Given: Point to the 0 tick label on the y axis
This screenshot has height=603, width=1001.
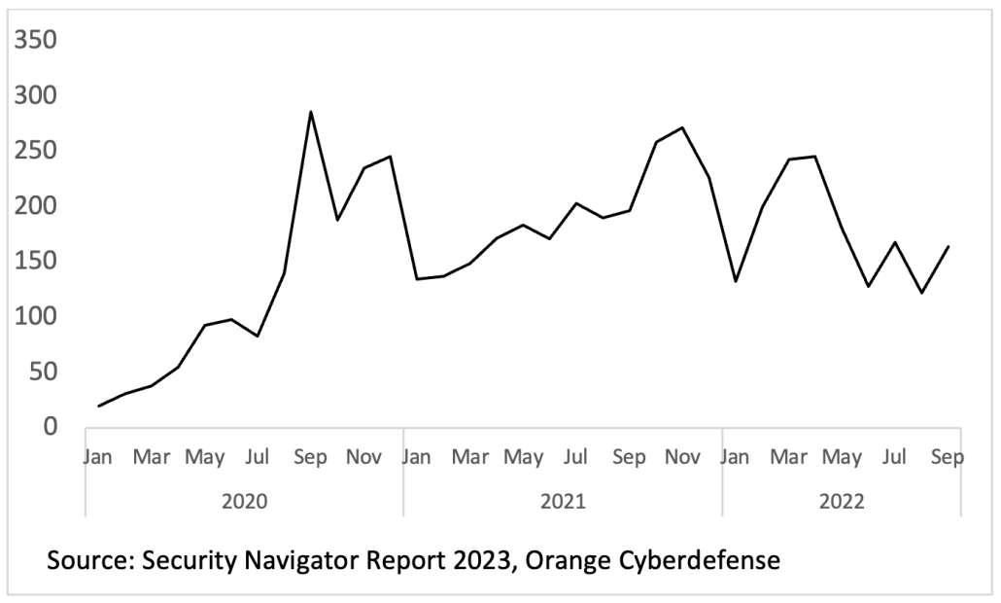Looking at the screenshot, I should (49, 427).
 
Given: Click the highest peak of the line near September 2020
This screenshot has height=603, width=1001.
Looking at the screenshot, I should (310, 112).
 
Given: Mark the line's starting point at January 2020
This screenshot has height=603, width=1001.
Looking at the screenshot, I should (99, 406).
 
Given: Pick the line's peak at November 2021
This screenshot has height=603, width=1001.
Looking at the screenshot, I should (682, 127).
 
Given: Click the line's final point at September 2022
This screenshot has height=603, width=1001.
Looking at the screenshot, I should (949, 246).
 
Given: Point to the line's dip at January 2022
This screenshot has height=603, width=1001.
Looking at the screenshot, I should (736, 281).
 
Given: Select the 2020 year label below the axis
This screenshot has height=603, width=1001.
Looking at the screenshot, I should (244, 502).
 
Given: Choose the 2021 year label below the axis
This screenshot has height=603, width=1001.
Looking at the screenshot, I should (563, 502).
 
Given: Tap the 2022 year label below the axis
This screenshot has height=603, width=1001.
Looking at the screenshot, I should (842, 502).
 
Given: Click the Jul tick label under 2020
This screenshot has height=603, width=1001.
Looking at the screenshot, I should (258, 457).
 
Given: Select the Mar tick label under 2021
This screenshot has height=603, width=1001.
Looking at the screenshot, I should (470, 457).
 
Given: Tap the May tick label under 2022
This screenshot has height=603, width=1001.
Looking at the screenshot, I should (842, 457).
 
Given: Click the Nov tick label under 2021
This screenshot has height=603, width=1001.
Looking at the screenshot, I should (682, 457).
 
